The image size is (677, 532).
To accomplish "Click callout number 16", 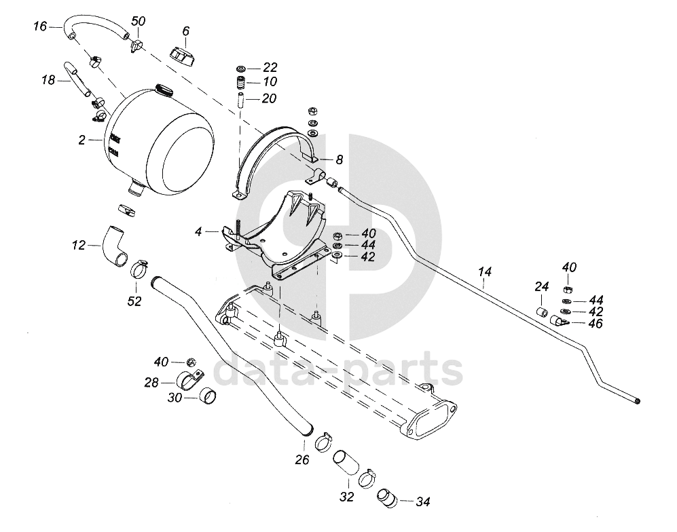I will click(x=39, y=26).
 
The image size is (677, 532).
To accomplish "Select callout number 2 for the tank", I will click(x=82, y=140).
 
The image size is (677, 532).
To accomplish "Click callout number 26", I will click(x=302, y=460).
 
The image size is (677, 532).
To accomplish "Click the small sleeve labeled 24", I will click(x=542, y=312).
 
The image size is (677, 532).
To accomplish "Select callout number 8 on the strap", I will click(x=339, y=159).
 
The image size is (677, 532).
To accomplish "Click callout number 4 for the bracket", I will click(x=198, y=231).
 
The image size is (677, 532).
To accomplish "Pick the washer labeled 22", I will click(x=242, y=69).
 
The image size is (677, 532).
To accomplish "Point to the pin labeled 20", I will click(x=241, y=99).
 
